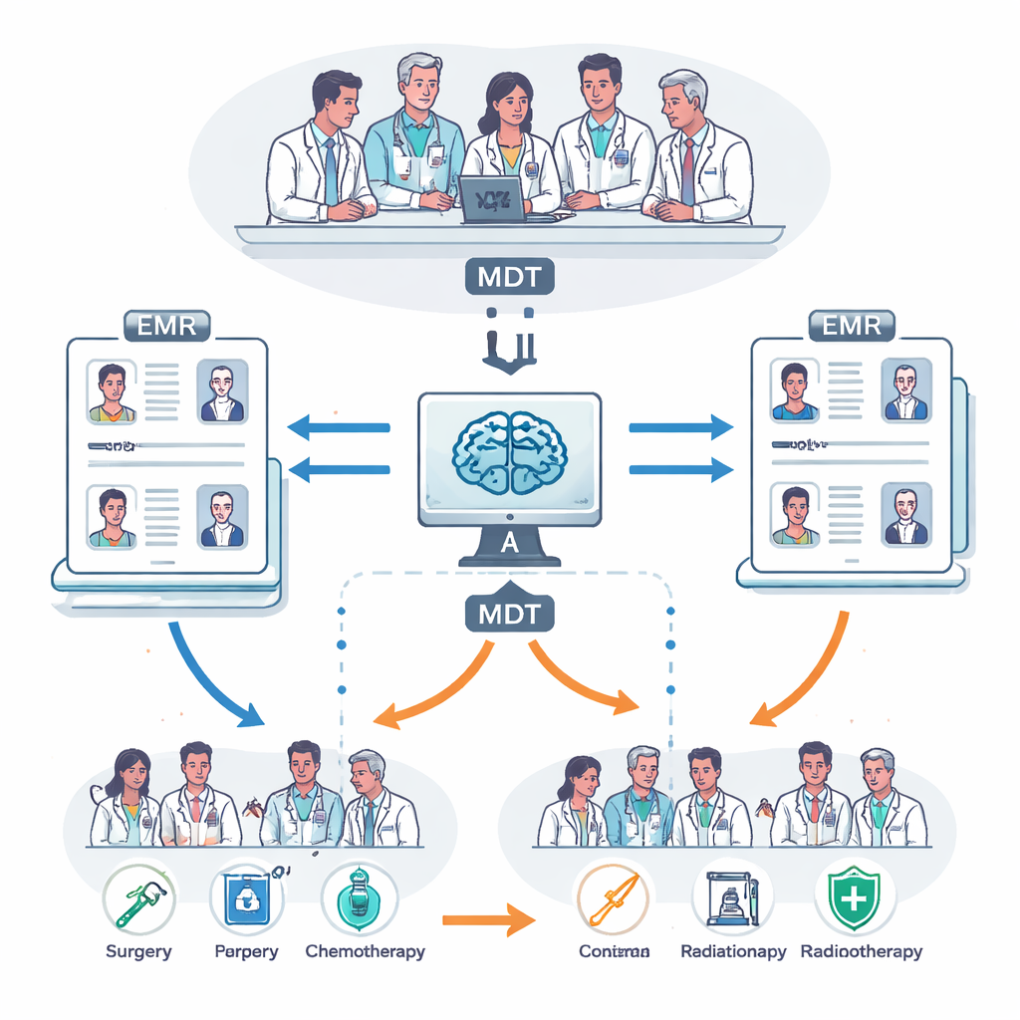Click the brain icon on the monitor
click(509, 451)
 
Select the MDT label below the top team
click(509, 276)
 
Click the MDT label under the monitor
click(509, 613)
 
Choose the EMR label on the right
click(852, 324)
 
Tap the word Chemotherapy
click(365, 951)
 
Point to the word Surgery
click(137, 951)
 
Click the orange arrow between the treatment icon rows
click(483, 917)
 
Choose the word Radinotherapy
click(862, 951)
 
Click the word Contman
click(614, 951)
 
